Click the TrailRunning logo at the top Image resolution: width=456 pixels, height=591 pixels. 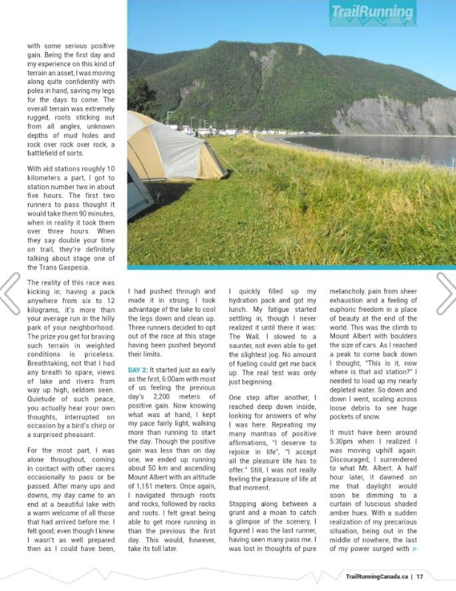373,13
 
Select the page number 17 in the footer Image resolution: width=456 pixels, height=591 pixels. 420,577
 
